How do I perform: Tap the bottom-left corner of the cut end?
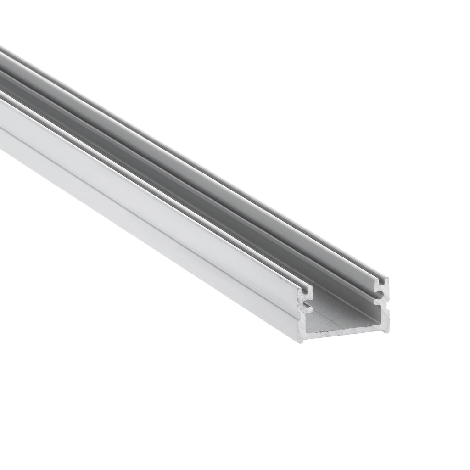click(x=301, y=340)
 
